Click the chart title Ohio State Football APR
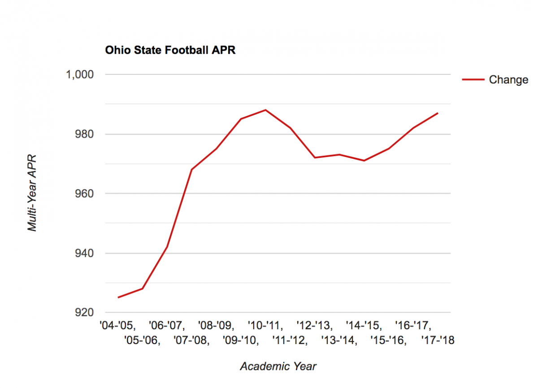pyautogui.click(x=170, y=50)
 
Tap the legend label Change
pyautogui.click(x=508, y=80)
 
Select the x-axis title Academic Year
pyautogui.click(x=278, y=366)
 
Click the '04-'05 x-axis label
pyautogui.click(x=118, y=325)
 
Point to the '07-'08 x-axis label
pyautogui.click(x=191, y=341)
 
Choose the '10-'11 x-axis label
pyautogui.click(x=265, y=325)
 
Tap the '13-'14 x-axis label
pyautogui.click(x=339, y=341)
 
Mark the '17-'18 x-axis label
pyautogui.click(x=438, y=341)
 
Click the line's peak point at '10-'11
pyautogui.click(x=265, y=110)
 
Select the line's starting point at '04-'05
pyautogui.click(x=118, y=297)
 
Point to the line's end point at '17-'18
pyautogui.click(x=438, y=113)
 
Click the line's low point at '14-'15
pyautogui.click(x=364, y=161)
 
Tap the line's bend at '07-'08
pyautogui.click(x=191, y=170)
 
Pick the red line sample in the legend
pyautogui.click(x=473, y=80)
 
